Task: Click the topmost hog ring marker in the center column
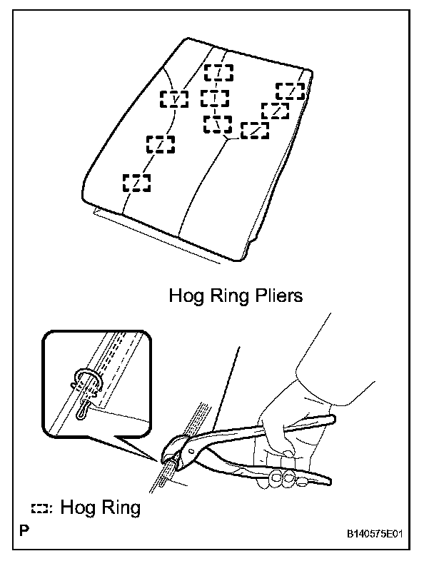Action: click(x=218, y=73)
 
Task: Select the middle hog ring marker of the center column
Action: click(x=215, y=98)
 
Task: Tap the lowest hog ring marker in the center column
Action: click(x=218, y=124)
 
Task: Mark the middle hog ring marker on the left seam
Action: click(x=161, y=144)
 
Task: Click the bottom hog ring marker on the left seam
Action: click(x=137, y=183)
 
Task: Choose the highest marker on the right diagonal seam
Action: click(x=291, y=91)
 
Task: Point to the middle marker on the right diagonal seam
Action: click(x=275, y=111)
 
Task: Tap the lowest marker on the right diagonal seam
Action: click(x=254, y=131)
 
